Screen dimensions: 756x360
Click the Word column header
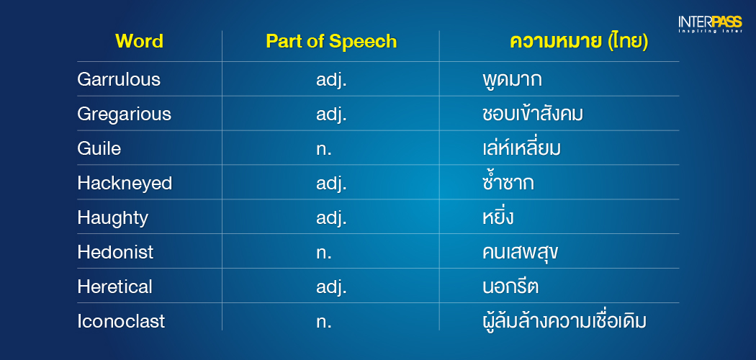(139, 42)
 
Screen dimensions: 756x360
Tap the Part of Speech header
(331, 42)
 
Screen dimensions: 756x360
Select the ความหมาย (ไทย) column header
(579, 42)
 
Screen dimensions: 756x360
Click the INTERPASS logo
(710, 24)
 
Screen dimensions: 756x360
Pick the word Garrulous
(119, 79)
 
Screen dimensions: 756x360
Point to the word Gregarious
(124, 114)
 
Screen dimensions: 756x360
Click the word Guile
(99, 148)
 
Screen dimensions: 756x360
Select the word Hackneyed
(125, 184)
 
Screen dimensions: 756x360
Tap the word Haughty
(112, 218)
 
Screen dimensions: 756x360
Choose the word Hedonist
(115, 252)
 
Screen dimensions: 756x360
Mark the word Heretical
(114, 287)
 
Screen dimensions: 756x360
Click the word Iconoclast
(121, 321)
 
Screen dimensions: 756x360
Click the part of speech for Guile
(324, 149)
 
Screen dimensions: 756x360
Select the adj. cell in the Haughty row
(332, 218)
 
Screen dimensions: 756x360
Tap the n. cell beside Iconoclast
(324, 322)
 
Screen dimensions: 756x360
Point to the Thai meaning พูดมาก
(512, 79)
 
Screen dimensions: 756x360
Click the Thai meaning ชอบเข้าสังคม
(532, 114)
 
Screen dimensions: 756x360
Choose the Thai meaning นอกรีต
(510, 287)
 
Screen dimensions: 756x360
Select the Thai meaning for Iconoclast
(564, 320)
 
